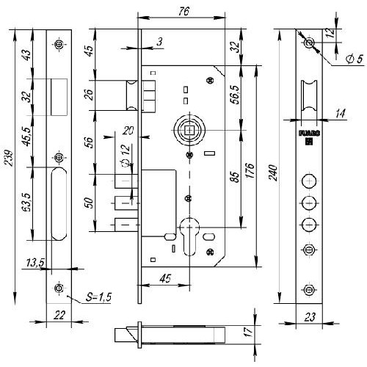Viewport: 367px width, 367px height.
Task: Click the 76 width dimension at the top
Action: [x=183, y=11]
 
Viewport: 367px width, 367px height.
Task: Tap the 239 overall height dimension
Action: [x=10, y=159]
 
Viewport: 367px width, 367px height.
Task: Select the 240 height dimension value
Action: [x=274, y=173]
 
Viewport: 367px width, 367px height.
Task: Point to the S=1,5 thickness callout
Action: [x=98, y=297]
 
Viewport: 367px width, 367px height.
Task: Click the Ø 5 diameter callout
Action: [x=355, y=59]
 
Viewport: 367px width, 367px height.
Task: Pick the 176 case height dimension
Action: [x=250, y=170]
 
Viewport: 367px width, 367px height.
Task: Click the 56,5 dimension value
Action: [x=236, y=95]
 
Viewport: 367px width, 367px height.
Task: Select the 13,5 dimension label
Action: [x=35, y=263]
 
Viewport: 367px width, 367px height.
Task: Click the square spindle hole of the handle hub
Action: [x=189, y=130]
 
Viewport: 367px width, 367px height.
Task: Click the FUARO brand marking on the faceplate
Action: [x=309, y=134]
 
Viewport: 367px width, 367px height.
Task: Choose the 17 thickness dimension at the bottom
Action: [x=248, y=331]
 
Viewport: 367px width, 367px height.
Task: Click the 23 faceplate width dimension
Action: [x=310, y=317]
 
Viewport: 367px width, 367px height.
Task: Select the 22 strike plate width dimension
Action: [x=59, y=315]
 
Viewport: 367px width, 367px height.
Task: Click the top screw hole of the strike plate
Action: [x=59, y=44]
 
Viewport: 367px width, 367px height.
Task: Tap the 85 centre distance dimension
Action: [x=234, y=177]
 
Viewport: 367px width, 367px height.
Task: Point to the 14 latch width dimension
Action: [x=340, y=114]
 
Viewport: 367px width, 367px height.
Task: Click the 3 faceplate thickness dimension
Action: [x=159, y=42]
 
